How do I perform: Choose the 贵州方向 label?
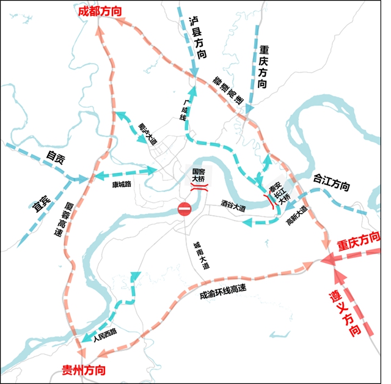(84, 371)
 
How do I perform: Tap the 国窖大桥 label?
(198, 176)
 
